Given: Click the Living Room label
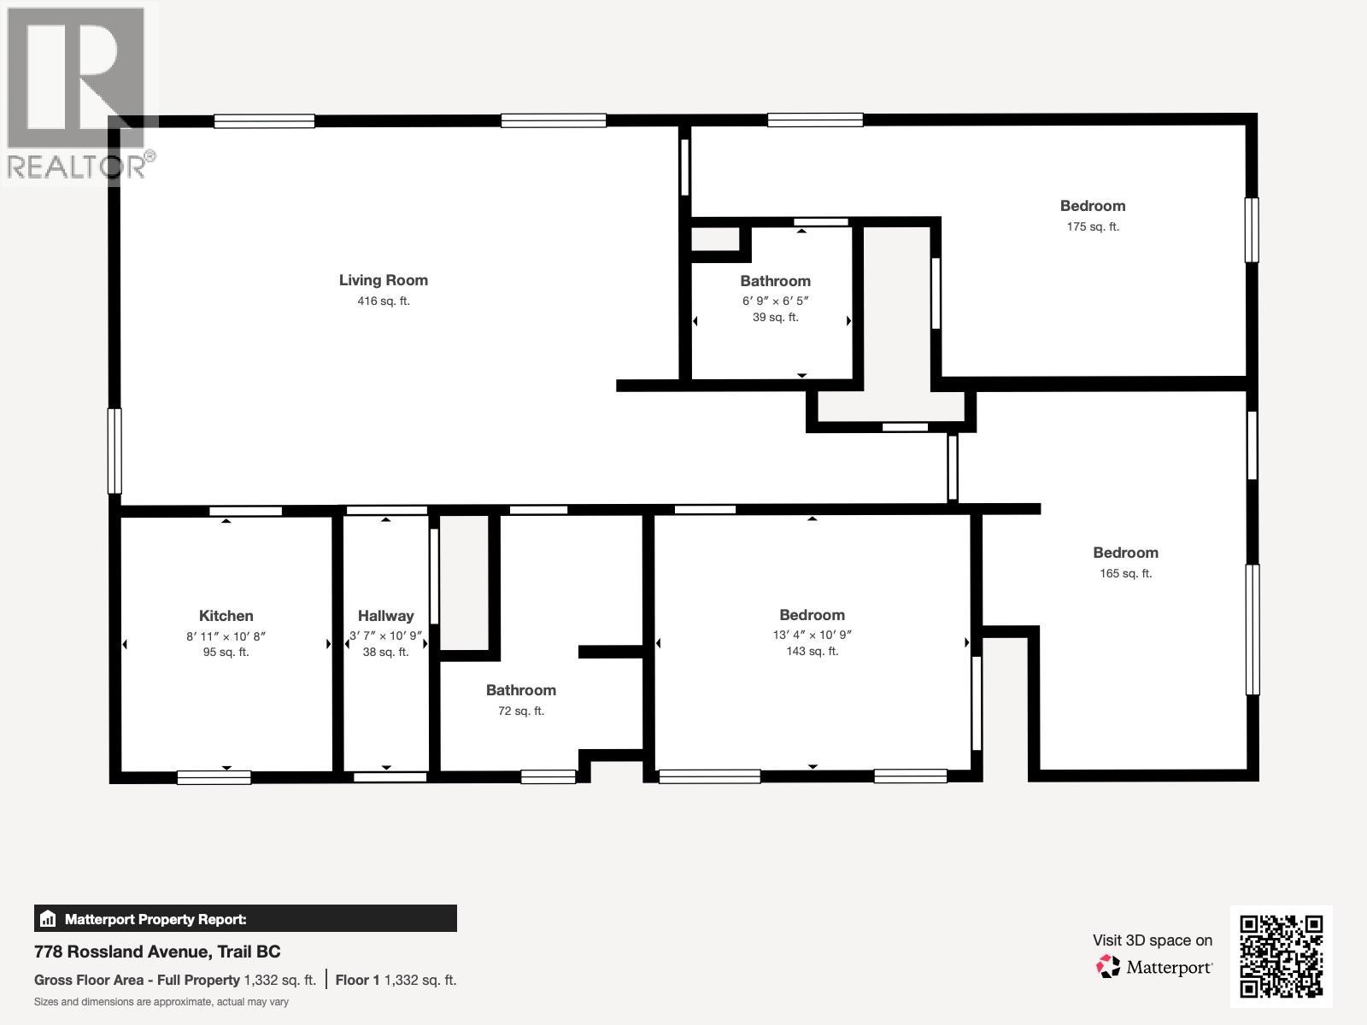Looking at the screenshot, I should click(383, 280).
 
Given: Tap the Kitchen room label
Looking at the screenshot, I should click(226, 616).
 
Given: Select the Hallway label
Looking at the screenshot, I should click(385, 616).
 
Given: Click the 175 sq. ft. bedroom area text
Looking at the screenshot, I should click(1092, 227).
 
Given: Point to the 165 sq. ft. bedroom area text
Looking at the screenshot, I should click(1125, 574).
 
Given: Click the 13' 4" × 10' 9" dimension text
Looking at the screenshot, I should click(812, 635).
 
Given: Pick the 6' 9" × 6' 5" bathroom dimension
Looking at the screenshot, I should click(775, 302).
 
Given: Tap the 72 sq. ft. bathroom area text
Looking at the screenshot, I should click(520, 711).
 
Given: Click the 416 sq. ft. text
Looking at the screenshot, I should click(383, 302).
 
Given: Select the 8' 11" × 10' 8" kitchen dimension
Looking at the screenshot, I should click(226, 636).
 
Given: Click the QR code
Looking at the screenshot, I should click(1281, 957).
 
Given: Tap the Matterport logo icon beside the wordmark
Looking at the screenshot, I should click(1108, 967).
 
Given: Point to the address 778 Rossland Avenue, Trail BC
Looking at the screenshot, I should click(157, 952).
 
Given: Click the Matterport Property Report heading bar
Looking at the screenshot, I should click(245, 919).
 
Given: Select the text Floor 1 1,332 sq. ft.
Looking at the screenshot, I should click(396, 981).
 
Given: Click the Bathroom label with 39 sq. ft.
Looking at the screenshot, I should click(775, 281).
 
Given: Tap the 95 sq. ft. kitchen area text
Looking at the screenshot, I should click(226, 653).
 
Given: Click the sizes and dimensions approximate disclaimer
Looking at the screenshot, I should click(161, 1002).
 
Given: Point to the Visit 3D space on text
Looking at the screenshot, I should click(1152, 940).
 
